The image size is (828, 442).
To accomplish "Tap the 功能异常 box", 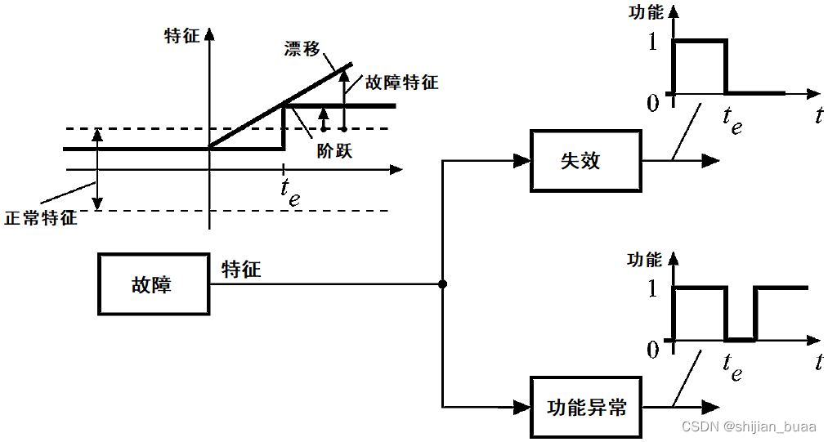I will pos(586,407).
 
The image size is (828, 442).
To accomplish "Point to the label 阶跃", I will pos(333,151).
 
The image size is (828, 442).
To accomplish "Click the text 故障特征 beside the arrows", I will pos(401,83).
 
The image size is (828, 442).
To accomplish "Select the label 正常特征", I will pos(41,218).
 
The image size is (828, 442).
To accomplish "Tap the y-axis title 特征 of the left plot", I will pos(181,36).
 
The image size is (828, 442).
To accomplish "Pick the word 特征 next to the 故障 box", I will pos(241,269).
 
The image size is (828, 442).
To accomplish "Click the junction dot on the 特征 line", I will pos(442,284).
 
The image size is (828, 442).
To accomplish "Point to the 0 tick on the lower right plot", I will pos(651,350).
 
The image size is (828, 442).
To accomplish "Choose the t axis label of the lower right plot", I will pos(818,360).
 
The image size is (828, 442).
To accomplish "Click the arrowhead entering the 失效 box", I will pos(521,161).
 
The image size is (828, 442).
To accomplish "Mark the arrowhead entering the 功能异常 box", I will pos(521,406).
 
